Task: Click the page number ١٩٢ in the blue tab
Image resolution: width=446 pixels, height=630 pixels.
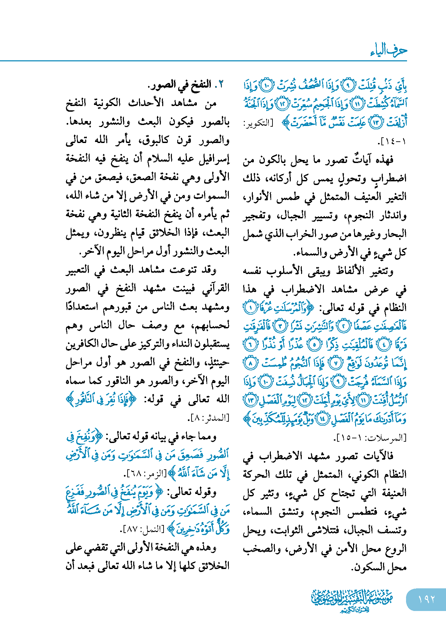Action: [x=426, y=599]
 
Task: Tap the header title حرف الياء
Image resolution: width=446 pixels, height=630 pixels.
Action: [x=388, y=50]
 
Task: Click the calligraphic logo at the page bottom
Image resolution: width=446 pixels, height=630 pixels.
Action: [x=352, y=600]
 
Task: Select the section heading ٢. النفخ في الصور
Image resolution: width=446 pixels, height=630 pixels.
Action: [x=186, y=84]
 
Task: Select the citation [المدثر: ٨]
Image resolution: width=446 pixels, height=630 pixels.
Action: [x=209, y=418]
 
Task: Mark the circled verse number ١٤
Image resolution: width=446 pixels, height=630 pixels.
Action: [x=322, y=419]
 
